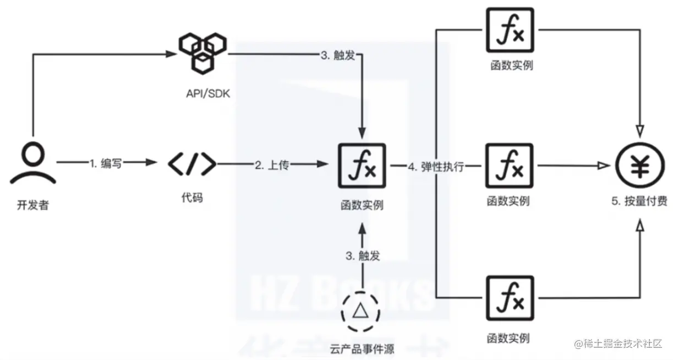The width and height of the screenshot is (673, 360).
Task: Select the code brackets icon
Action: tap(191, 163)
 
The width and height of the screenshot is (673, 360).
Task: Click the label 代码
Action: tap(191, 197)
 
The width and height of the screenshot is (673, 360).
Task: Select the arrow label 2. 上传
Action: tap(271, 165)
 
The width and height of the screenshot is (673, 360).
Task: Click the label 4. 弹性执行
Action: tap(435, 166)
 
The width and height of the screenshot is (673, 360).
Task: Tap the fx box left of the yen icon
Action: tap(510, 165)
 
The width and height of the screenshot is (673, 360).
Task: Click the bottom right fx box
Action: tap(510, 298)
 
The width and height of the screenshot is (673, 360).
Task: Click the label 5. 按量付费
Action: tap(639, 200)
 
